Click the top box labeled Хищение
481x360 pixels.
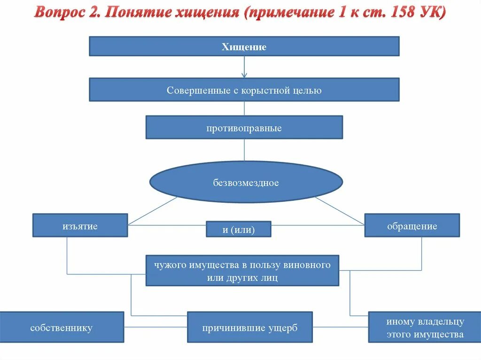244,46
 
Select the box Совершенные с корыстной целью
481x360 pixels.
244,90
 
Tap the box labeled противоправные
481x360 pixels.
244,127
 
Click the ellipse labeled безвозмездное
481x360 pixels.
246,182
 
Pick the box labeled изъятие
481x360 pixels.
80,225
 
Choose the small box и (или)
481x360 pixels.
239,229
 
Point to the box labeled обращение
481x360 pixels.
412,225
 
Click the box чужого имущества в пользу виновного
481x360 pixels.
242,270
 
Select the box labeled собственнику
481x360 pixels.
62,327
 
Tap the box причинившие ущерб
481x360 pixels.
249,327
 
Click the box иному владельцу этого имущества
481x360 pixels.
425,327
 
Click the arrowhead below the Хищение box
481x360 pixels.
244,74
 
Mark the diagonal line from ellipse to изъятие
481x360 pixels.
153,211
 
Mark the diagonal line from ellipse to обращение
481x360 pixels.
340,210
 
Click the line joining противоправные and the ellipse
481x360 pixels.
244,150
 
